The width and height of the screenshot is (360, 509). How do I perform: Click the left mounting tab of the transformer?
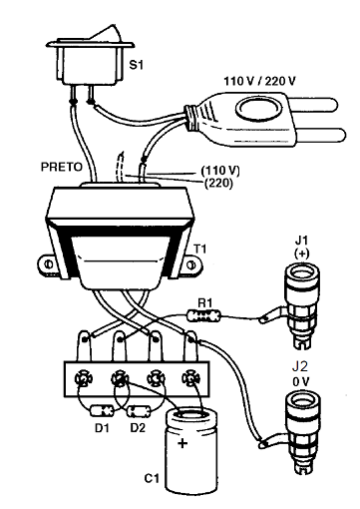(47, 264)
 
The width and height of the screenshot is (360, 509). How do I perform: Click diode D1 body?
(100, 410)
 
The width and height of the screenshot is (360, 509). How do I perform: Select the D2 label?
(139, 429)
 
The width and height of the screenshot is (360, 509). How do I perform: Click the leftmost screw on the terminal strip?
(83, 379)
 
